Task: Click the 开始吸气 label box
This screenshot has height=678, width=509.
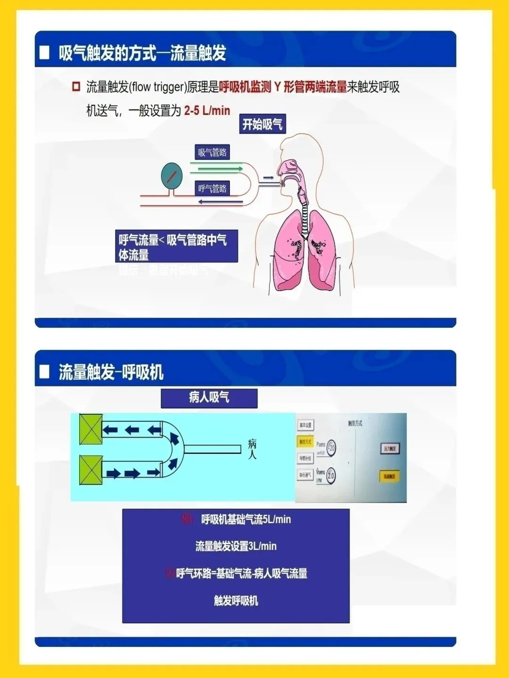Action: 262,124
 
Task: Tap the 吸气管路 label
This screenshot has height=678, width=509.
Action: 212,153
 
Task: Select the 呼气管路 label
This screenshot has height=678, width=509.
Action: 212,189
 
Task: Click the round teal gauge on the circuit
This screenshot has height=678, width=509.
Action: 172,176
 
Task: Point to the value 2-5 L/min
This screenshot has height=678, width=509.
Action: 207,111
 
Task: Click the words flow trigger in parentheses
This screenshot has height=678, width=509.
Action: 157,87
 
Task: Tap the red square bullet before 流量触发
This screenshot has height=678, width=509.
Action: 76,87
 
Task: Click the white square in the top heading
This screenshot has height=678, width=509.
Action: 45,52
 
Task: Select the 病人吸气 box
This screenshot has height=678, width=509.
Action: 209,398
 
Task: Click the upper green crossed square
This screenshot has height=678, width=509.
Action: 91,429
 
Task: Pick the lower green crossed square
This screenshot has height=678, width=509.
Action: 91,470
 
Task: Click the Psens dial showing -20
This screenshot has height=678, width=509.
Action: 331,448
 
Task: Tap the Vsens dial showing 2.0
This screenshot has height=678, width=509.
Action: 330,476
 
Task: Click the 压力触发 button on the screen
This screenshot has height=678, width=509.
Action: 389,449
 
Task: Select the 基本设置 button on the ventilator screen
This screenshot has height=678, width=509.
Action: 305,425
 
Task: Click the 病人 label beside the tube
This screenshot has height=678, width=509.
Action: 252,449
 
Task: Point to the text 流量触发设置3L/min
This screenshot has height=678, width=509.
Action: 236,546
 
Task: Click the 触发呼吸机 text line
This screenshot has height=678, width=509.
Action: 236,601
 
